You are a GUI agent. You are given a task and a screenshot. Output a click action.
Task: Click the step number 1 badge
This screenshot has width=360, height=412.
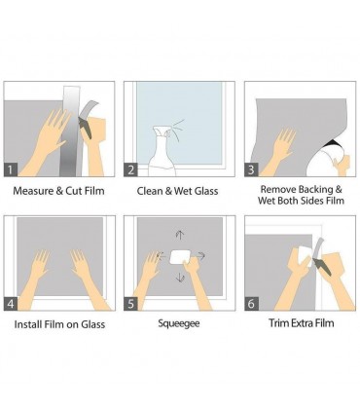pyautogui.click(x=11, y=169)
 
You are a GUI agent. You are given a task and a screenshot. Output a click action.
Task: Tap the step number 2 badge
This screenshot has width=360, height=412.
pyautogui.click(x=130, y=169)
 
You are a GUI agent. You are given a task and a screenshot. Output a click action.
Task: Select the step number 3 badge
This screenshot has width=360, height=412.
pyautogui.click(x=251, y=169)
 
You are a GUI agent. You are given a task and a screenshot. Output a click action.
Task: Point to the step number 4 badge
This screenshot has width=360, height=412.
pyautogui.click(x=11, y=304)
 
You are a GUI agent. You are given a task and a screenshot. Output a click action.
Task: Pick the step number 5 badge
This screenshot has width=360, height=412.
pyautogui.click(x=130, y=304)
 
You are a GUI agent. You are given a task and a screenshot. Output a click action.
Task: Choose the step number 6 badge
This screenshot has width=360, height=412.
pyautogui.click(x=251, y=304)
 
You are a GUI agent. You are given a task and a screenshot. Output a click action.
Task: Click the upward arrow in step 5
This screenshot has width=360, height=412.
pyautogui.click(x=180, y=235)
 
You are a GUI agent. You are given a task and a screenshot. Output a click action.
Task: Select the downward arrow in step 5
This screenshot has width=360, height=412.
pyautogui.click(x=180, y=278)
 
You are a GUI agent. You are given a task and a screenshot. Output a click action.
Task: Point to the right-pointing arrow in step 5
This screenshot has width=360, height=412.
pyautogui.click(x=201, y=256)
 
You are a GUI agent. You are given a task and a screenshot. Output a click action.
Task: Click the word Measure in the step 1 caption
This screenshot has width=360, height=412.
pyautogui.click(x=33, y=191)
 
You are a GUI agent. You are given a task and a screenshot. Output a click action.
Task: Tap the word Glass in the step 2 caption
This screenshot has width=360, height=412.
pyautogui.click(x=206, y=191)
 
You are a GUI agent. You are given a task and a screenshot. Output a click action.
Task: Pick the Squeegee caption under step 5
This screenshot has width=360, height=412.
pyautogui.click(x=179, y=323)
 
